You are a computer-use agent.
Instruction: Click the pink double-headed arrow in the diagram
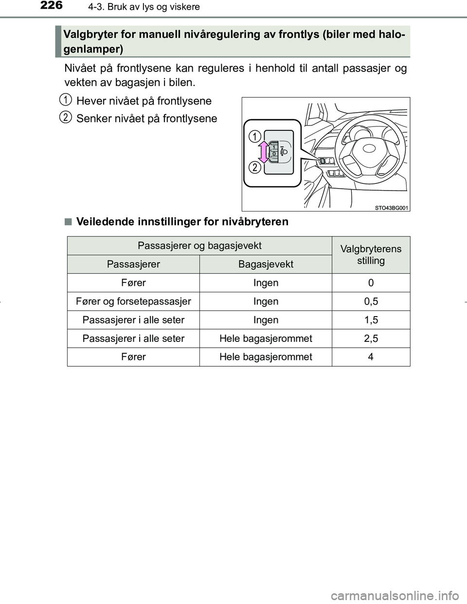pos(263,152)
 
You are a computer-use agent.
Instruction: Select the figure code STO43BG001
pos(392,208)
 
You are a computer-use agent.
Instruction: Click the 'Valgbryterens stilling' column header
pos(371,254)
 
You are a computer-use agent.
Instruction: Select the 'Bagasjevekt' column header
pos(266,264)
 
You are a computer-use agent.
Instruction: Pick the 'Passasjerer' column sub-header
pos(133,264)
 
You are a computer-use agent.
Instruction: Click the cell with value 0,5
pos(371,302)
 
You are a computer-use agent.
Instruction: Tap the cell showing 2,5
pos(371,338)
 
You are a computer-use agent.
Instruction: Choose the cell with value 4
pos(371,357)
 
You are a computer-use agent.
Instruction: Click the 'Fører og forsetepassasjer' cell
pos(133,302)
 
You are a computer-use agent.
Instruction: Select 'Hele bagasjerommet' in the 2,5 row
pos(266,338)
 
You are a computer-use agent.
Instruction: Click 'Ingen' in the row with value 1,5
pos(266,320)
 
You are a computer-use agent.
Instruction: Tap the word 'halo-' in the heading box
pos(388,34)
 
